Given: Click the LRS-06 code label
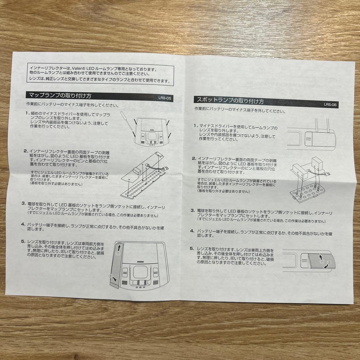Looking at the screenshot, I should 330,104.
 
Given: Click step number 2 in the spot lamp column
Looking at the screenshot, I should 194,158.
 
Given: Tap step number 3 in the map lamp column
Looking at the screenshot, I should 24,203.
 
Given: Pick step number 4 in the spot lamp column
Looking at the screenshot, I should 192,231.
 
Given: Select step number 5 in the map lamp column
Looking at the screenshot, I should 23,241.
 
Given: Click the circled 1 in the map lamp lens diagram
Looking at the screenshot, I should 117,253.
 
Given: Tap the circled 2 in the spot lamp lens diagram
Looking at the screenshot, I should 329,262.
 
